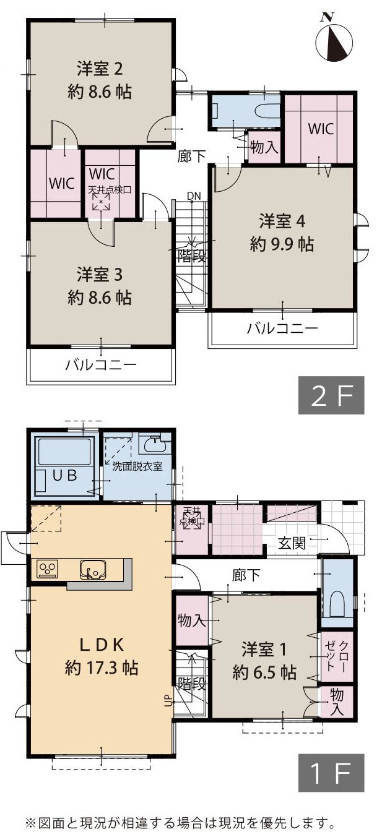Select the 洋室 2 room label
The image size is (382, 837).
point(100,67)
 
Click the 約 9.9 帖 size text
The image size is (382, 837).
point(282,244)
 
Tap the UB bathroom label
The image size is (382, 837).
point(64,476)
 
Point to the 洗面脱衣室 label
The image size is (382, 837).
point(137,466)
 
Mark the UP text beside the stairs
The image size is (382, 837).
point(167,702)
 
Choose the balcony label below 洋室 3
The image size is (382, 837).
point(101,365)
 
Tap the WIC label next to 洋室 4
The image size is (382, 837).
point(321,129)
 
